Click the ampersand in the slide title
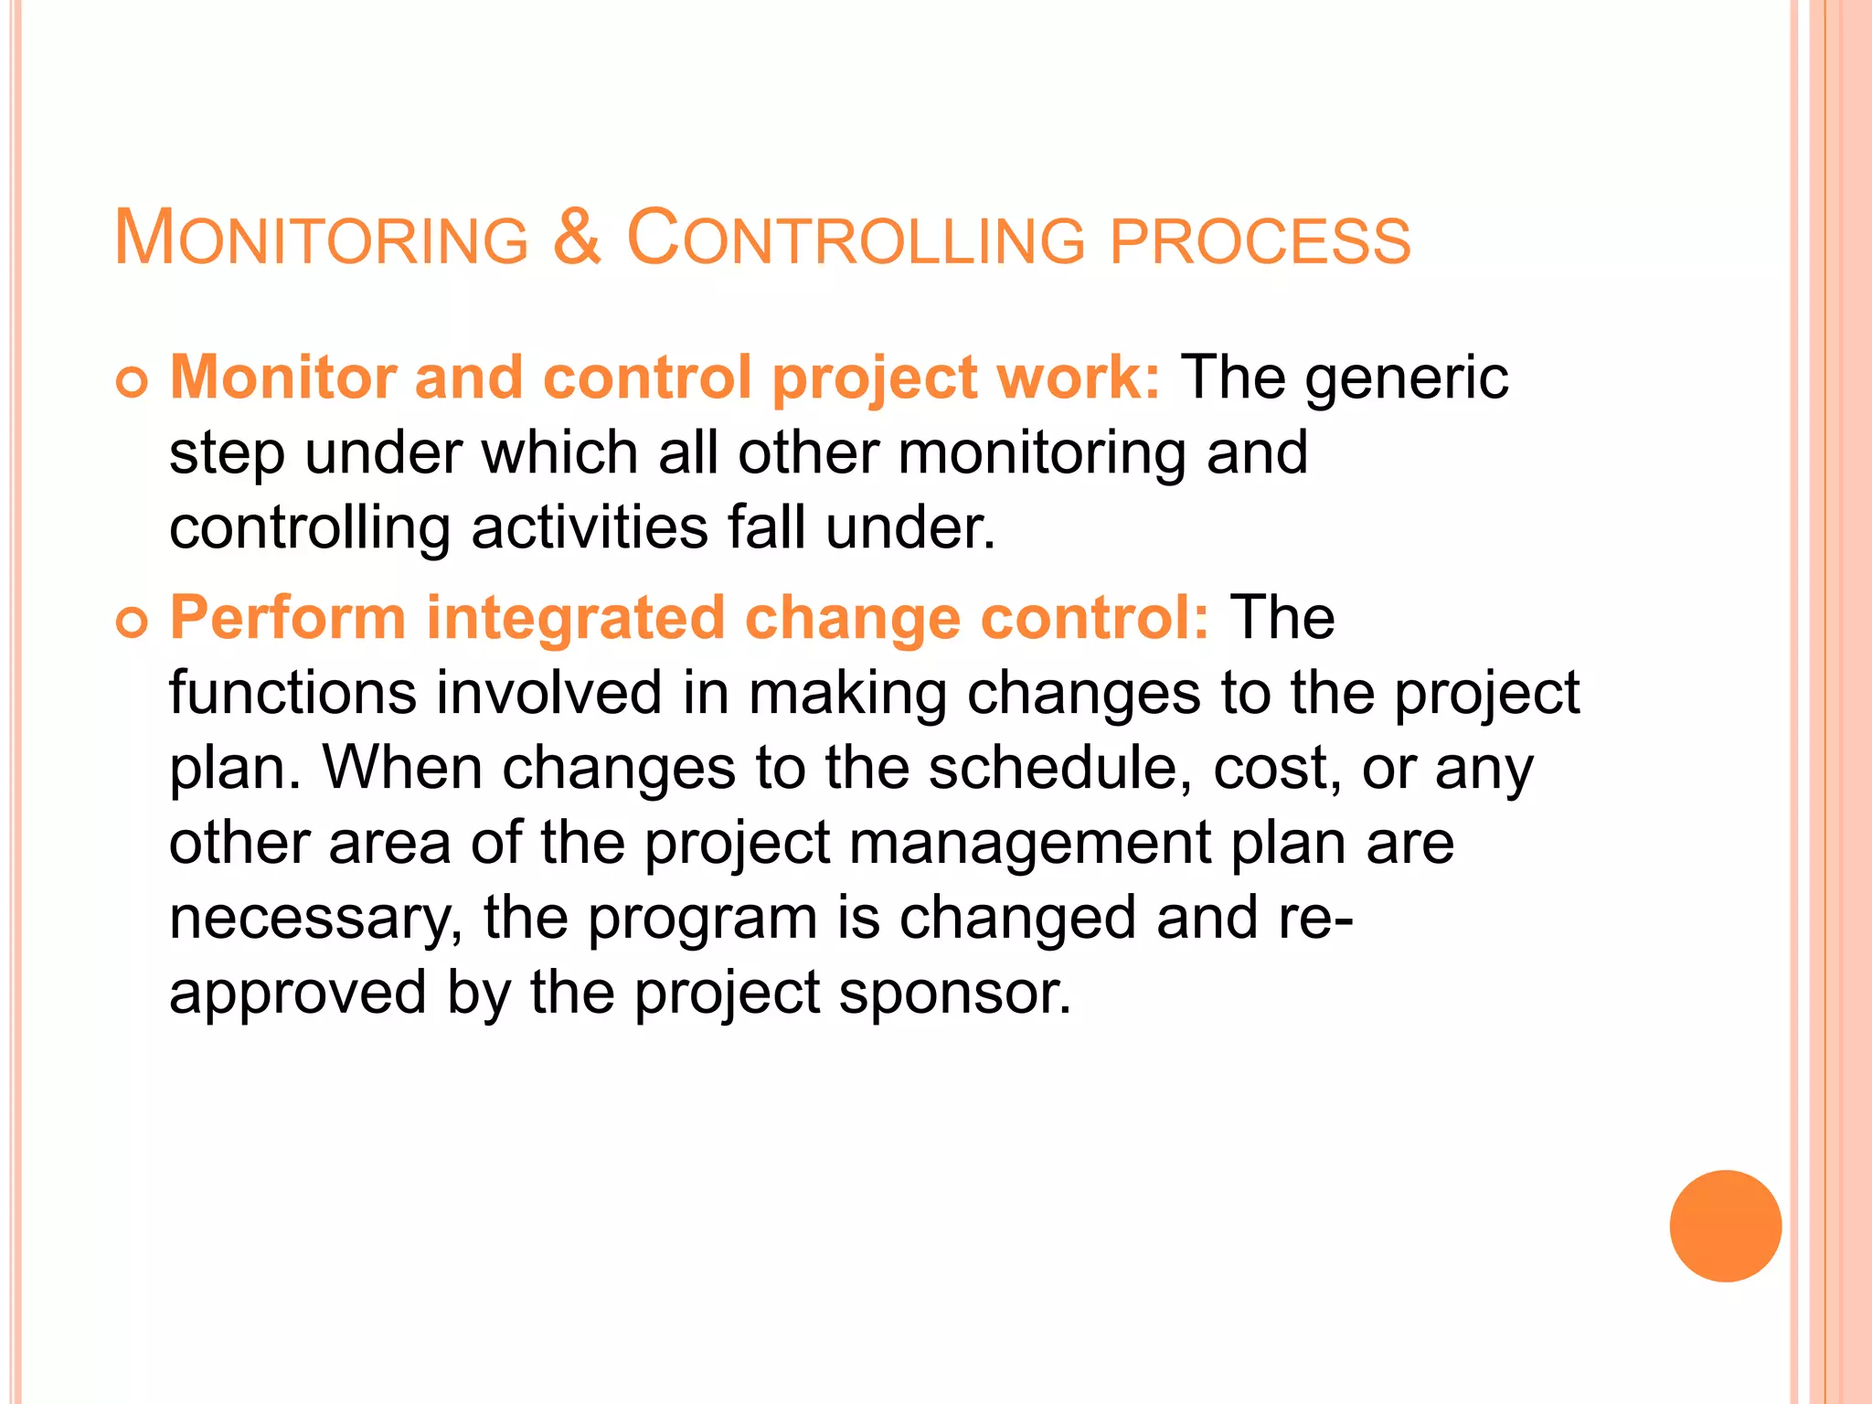pyautogui.click(x=577, y=238)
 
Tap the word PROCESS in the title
pyautogui.click(x=1260, y=241)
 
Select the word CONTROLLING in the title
pyautogui.click(x=856, y=239)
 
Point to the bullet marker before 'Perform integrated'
pyautogui.click(x=132, y=623)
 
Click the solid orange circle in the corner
pyautogui.click(x=1725, y=1226)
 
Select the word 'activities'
pyautogui.click(x=590, y=528)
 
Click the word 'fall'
pyautogui.click(x=766, y=528)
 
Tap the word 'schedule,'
pyautogui.click(x=1060, y=768)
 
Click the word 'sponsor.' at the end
pyautogui.click(x=954, y=994)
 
